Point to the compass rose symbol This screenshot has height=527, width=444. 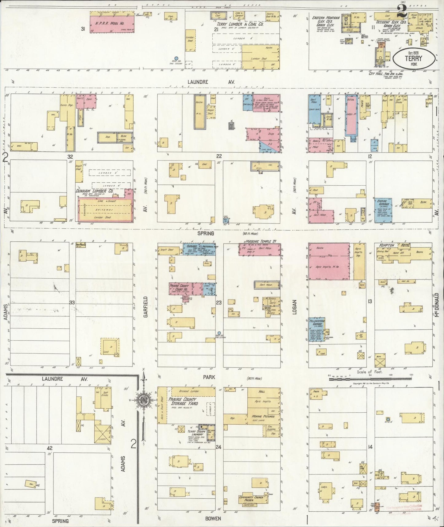coord(143,400)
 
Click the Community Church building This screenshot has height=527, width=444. coord(252,499)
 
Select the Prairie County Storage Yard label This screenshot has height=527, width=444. coord(183,401)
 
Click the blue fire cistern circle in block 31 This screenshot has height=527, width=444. coord(176,58)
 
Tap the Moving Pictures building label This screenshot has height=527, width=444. coord(263,416)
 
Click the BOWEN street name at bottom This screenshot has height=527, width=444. coord(214,518)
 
